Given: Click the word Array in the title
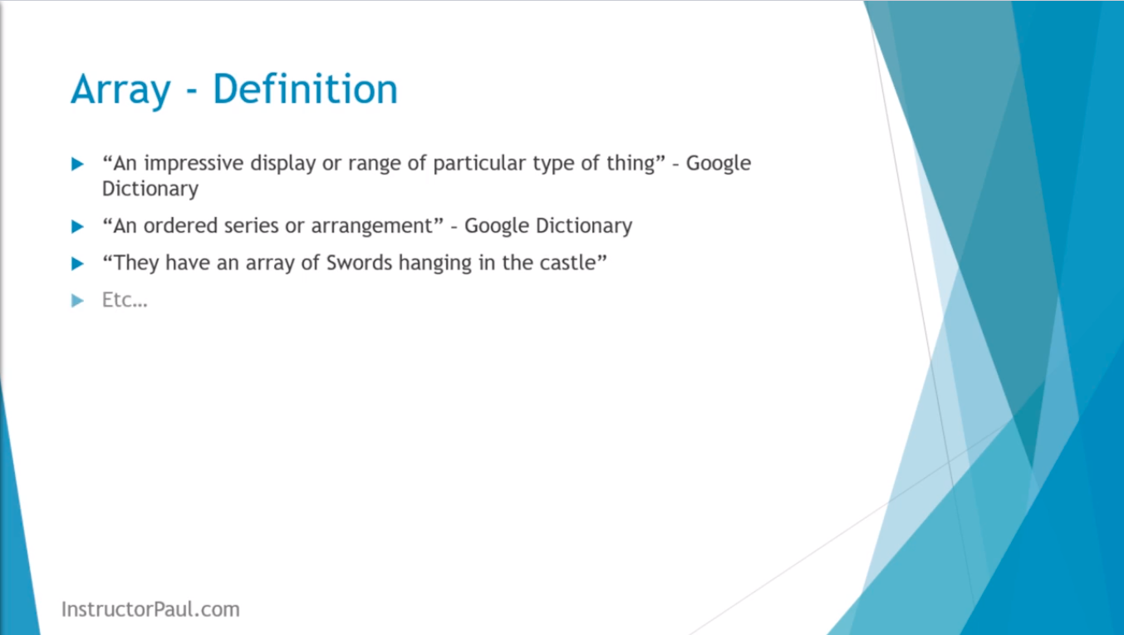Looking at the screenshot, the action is click(120, 91).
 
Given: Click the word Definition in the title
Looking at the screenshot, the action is click(305, 89).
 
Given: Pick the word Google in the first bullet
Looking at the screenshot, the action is click(719, 164).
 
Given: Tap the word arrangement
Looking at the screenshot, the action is click(372, 228).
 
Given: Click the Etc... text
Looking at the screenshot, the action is click(125, 300).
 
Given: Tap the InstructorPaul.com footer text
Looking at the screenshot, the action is click(150, 609).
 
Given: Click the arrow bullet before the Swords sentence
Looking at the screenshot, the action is click(77, 263).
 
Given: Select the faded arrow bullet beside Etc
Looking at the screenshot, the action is click(77, 301).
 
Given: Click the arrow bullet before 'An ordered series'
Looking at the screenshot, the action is click(77, 226).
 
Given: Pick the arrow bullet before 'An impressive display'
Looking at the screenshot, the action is click(77, 164).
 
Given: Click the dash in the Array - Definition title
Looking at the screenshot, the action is click(192, 92).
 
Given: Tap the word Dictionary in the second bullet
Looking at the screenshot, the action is click(583, 227).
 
